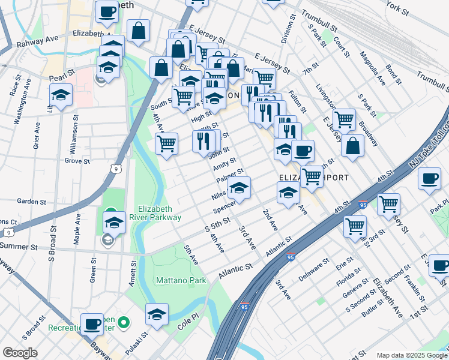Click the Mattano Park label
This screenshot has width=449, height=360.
coord(181,280)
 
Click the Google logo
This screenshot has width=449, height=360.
coord(20,353)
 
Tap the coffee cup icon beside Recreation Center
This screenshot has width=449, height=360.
coord(92,324)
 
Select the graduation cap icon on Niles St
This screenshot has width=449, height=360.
coord(239,188)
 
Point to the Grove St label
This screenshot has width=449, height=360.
coord(77,161)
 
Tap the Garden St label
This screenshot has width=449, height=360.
coord(32,201)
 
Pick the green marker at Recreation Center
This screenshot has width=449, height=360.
coord(124,323)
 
